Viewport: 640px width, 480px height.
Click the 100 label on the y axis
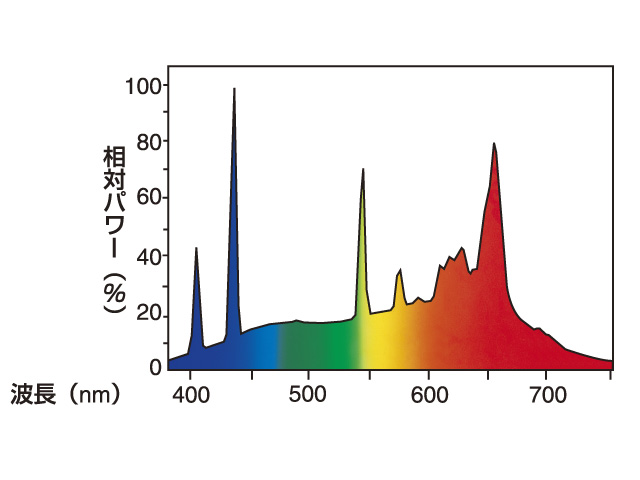pos(142,86)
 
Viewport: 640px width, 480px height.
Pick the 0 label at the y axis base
pos(155,367)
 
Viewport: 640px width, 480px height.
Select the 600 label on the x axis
pos(429,393)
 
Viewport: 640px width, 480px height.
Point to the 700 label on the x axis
pos(545,393)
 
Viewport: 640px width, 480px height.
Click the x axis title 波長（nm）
pos(66,394)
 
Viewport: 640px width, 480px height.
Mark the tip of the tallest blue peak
pos(234,89)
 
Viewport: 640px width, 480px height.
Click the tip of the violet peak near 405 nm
pos(196,248)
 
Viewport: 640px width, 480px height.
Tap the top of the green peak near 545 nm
pos(363,170)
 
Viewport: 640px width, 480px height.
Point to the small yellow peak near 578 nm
pos(400,270)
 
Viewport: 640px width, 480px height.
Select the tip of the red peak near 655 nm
pos(494,144)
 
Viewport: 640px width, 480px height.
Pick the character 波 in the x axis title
pos(22,394)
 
